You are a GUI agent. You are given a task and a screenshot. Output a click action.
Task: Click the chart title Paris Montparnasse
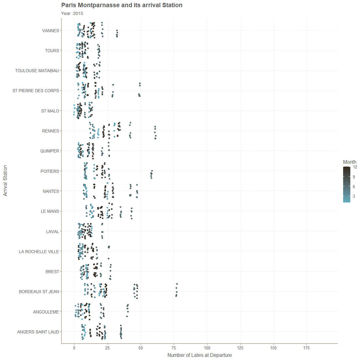[122, 5]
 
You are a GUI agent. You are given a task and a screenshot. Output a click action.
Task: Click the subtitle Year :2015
[72, 13]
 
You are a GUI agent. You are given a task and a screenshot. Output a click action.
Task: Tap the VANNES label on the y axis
[51, 31]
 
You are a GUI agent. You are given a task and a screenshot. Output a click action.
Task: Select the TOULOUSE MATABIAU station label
[37, 71]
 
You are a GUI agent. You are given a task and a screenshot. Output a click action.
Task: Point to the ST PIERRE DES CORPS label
[36, 91]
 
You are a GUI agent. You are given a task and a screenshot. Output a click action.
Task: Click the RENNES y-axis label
[51, 131]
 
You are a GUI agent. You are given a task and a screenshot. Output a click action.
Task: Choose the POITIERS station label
[50, 171]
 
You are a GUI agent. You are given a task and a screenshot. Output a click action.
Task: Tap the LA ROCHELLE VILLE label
[39, 252]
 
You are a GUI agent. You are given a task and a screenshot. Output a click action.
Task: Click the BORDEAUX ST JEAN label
[39, 292]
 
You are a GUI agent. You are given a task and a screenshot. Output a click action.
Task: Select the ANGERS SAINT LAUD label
[38, 332]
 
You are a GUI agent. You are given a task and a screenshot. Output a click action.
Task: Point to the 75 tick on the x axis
[174, 348]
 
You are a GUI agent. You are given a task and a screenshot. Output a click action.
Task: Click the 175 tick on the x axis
[307, 348]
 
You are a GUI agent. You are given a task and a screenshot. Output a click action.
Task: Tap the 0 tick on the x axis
[74, 348]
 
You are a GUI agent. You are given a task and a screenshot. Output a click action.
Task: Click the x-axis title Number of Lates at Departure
[199, 355]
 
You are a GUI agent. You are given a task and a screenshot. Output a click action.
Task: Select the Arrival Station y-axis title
[5, 181]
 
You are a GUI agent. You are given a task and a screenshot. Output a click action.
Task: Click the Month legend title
[349, 162]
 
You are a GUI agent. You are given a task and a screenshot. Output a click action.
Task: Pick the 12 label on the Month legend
[355, 167]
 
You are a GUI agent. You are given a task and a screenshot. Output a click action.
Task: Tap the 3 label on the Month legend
[354, 197]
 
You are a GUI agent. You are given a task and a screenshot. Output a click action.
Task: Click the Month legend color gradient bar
[347, 184]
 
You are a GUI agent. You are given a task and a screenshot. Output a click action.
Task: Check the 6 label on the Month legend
[354, 187]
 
